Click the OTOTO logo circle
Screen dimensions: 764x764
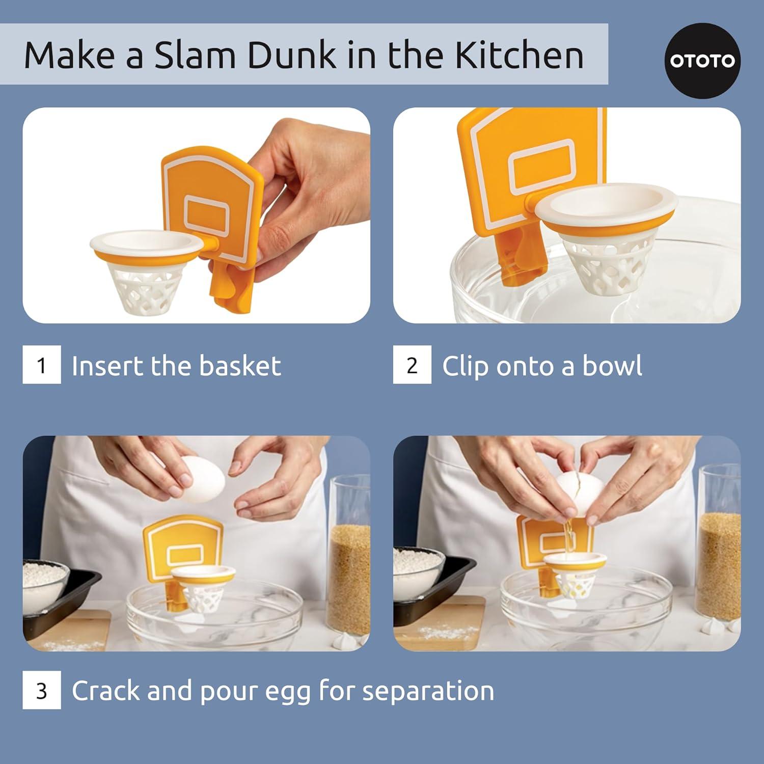point(702,61)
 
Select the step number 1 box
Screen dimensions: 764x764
point(42,365)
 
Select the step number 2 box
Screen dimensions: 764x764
point(412,365)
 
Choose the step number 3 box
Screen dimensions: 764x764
point(42,690)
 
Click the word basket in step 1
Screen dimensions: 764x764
point(239,366)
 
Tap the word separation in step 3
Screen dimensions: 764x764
point(428,691)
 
